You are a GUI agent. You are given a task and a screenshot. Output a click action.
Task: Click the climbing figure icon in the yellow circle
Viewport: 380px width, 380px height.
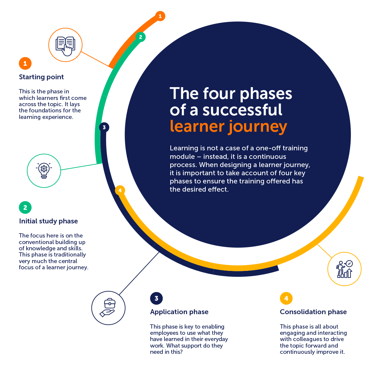click(x=344, y=269)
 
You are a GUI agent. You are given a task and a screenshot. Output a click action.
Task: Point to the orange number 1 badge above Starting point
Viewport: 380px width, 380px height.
click(x=25, y=64)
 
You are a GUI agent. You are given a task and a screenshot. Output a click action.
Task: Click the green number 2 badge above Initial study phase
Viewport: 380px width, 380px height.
click(x=25, y=207)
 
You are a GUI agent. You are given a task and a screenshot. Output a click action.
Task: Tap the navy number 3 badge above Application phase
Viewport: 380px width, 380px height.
click(x=156, y=298)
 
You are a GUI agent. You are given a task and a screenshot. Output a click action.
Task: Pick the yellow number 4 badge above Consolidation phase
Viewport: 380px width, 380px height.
click(x=286, y=298)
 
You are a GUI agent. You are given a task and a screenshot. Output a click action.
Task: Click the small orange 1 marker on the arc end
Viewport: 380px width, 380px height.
click(x=160, y=16)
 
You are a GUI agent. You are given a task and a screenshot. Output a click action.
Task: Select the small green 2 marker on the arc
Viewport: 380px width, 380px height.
click(x=141, y=37)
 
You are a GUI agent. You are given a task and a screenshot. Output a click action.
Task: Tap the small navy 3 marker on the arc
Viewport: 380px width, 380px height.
click(x=104, y=127)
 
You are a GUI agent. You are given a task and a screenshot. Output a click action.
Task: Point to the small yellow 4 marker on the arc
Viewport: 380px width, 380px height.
click(x=120, y=190)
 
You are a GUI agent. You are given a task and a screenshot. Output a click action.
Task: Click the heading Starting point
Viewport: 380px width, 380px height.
click(x=41, y=77)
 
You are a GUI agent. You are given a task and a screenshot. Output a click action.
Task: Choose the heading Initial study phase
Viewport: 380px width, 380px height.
click(x=48, y=221)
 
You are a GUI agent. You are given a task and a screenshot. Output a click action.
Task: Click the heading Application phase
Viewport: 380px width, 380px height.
click(x=179, y=312)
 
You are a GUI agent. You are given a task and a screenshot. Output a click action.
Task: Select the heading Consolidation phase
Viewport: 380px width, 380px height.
click(x=313, y=312)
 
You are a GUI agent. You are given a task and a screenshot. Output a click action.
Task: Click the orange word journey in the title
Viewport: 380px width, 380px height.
click(x=257, y=127)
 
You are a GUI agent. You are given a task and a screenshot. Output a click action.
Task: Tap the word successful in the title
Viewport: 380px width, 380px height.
click(x=242, y=110)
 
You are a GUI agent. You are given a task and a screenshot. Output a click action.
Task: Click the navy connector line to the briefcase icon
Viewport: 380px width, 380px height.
click(x=139, y=273)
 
